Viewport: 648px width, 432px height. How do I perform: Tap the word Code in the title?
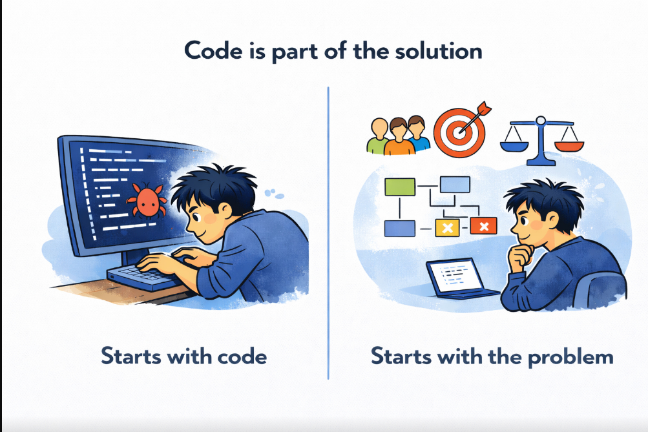click(212, 50)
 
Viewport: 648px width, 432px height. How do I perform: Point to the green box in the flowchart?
click(399, 187)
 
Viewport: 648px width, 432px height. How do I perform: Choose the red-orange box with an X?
click(483, 225)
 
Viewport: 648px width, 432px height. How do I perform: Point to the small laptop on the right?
click(457, 278)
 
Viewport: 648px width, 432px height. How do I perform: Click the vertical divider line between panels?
click(328, 232)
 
